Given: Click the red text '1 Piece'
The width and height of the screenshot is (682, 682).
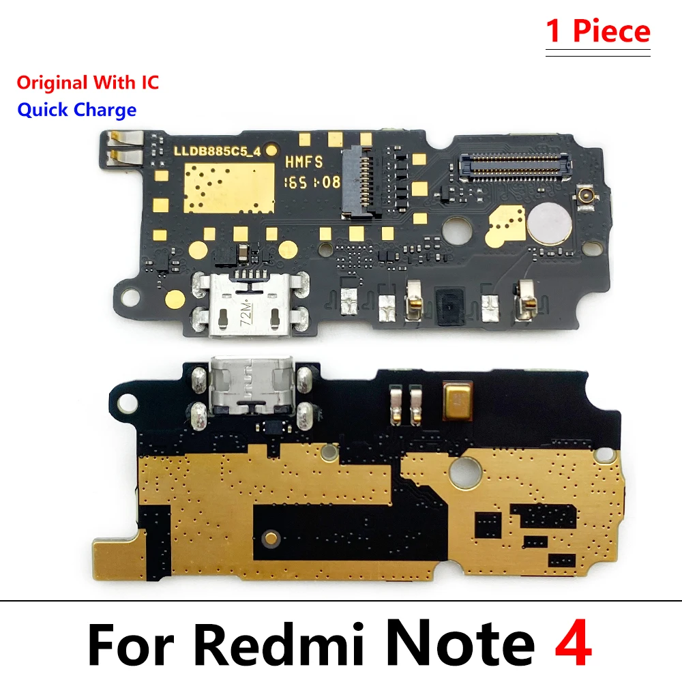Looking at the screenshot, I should coord(598,32).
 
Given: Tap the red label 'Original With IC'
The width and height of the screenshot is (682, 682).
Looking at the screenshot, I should coord(87,83).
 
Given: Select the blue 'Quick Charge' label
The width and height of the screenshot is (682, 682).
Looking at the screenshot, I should coord(76,110).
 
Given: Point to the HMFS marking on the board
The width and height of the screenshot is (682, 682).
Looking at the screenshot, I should coord(303,162).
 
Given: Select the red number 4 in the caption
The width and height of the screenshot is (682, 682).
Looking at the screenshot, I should coord(572,643).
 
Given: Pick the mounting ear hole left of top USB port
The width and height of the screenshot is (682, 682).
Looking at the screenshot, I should coord(126,297).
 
